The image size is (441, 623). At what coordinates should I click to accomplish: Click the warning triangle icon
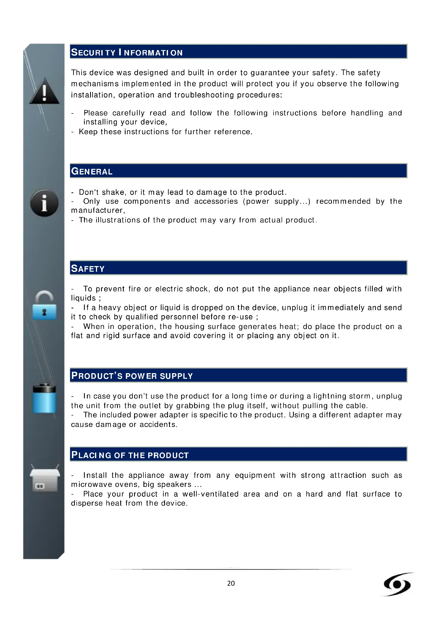[44, 91]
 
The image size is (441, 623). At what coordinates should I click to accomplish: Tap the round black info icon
[44, 203]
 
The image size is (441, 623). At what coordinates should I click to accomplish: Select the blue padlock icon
[44, 306]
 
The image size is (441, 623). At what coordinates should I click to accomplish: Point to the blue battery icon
[45, 398]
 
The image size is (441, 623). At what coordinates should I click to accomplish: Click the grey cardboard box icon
[45, 479]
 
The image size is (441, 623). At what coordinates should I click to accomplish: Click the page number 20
[231, 583]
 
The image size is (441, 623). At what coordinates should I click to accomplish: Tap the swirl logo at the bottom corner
[397, 584]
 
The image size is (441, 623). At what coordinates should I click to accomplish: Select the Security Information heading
[127, 52]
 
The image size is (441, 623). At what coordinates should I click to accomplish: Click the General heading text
[92, 171]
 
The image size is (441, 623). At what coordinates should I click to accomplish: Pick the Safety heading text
[88, 268]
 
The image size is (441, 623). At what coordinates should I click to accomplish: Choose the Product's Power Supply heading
[132, 376]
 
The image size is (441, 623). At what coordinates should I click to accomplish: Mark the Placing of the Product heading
[130, 455]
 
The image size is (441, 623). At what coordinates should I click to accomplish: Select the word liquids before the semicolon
[83, 298]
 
